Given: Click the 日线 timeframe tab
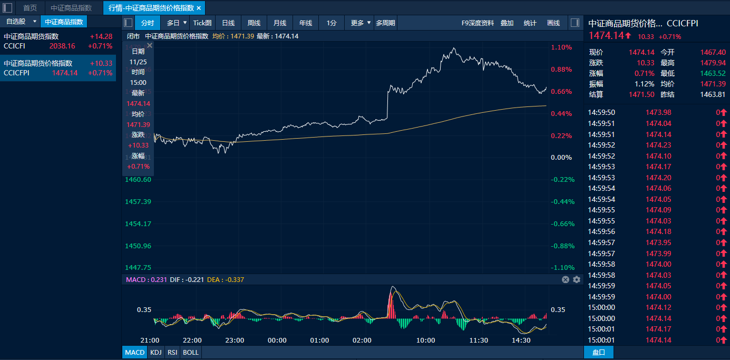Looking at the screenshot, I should (x=228, y=23).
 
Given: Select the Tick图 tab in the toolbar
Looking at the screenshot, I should (x=202, y=23).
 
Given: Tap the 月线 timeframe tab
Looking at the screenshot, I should (x=280, y=23).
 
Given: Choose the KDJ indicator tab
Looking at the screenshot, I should (x=155, y=352).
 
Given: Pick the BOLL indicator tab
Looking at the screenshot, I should (x=191, y=352).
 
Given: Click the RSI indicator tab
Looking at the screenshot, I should (x=172, y=352).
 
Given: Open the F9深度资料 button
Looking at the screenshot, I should (x=478, y=23).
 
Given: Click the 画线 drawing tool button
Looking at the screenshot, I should (x=553, y=23).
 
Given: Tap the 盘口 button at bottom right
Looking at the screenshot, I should (x=599, y=352).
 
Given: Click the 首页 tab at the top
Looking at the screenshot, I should (x=30, y=8).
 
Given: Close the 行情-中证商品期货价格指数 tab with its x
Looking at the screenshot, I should (x=199, y=8).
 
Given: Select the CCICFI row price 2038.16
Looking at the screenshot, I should (x=62, y=46).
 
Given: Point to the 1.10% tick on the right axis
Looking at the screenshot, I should (x=561, y=47).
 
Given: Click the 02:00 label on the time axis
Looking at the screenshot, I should (x=362, y=340).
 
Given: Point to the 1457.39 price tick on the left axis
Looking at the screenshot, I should (x=138, y=202).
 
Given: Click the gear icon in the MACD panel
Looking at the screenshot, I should (x=577, y=279).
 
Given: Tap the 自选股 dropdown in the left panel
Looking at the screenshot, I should (x=20, y=22).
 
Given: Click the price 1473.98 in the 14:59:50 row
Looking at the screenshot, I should (x=658, y=112).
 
